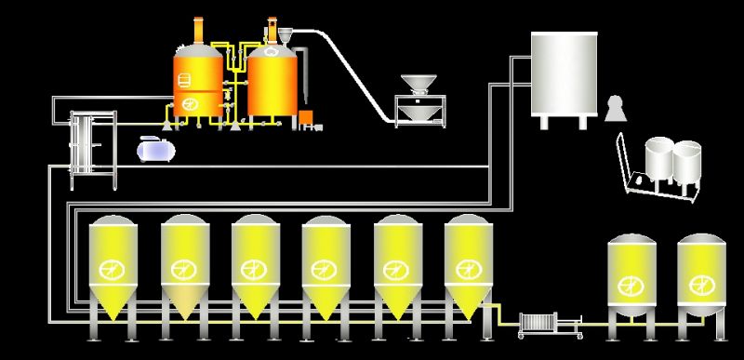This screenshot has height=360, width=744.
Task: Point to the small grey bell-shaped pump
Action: pyautogui.click(x=614, y=110)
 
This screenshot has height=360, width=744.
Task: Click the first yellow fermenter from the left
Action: pyautogui.click(x=112, y=265)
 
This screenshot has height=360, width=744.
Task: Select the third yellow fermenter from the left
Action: pyautogui.click(x=255, y=265)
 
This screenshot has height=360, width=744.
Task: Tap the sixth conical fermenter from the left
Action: pyautogui.click(x=467, y=265)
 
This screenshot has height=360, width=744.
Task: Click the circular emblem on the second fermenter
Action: pyautogui.click(x=183, y=271)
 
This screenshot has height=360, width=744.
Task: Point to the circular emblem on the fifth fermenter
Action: pyautogui.click(x=396, y=271)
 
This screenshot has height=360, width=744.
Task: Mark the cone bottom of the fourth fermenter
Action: pyautogui.click(x=325, y=307)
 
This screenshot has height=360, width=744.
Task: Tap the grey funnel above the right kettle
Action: pyautogui.click(x=285, y=37)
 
